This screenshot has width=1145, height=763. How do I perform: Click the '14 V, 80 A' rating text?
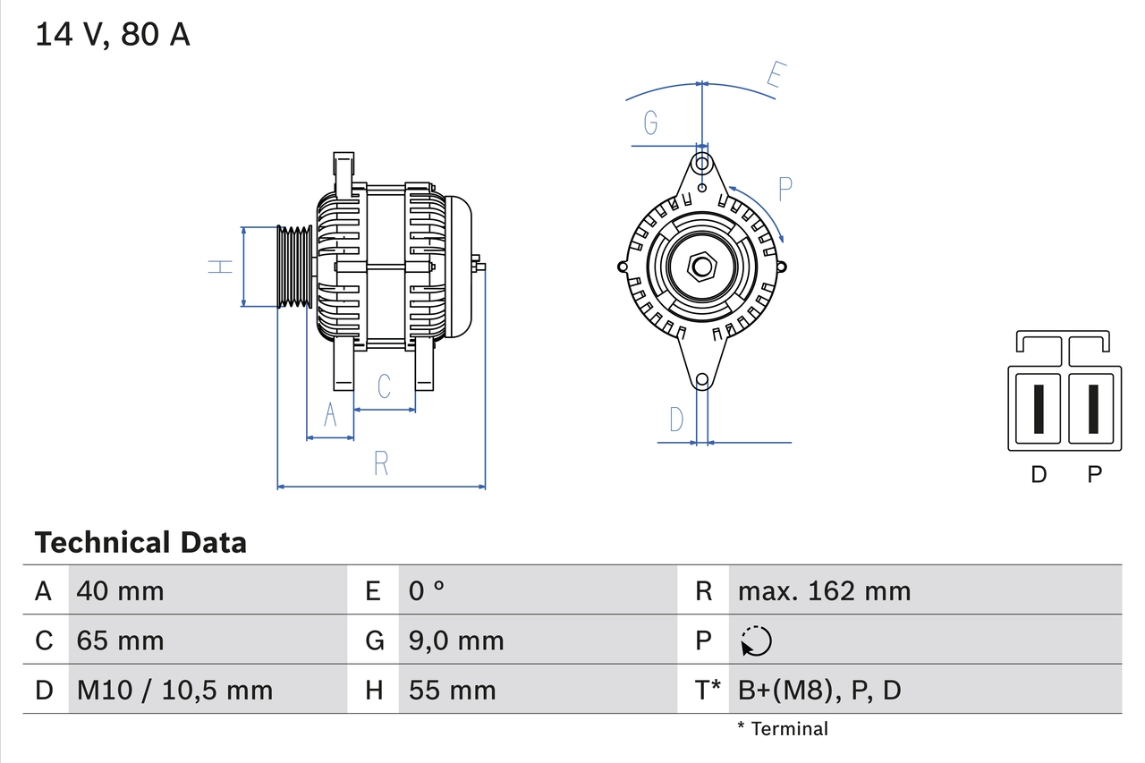[x=113, y=35]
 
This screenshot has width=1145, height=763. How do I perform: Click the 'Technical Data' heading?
[x=140, y=542]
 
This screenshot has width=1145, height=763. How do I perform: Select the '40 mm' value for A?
[x=121, y=590]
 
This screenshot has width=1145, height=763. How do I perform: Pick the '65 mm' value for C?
[x=121, y=640]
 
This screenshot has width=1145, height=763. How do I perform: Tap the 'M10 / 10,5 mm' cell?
[x=175, y=690]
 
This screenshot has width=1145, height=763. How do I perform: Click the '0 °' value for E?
[x=427, y=590]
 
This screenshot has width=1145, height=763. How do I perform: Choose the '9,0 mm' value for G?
[x=456, y=640]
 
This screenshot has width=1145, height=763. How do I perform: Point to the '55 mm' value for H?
[x=452, y=690]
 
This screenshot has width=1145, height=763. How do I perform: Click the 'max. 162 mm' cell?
[x=824, y=590]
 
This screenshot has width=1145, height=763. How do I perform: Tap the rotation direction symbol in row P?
[x=756, y=640]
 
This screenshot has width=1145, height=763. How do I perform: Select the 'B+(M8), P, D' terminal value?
[x=819, y=690]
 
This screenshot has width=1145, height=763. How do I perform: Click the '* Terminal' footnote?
[x=783, y=729]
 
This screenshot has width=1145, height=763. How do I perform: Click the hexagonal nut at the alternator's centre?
[x=702, y=267]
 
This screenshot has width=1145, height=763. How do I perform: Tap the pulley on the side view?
[x=293, y=267]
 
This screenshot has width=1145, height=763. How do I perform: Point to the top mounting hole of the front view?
[x=703, y=164]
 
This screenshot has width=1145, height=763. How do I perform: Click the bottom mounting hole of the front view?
[x=702, y=380]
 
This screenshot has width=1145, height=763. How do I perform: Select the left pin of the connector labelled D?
[x=1038, y=409]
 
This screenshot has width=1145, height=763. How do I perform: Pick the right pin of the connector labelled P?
[x=1093, y=409]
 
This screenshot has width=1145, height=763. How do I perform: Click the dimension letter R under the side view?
[x=381, y=463]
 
